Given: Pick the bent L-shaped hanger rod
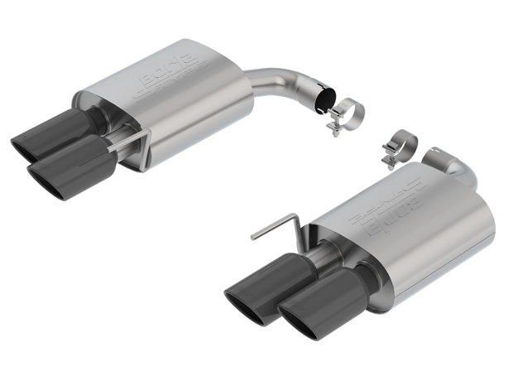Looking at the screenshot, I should [278, 224].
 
